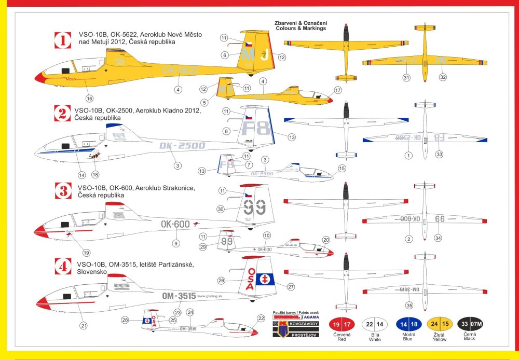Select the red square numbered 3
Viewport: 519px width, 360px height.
click(62, 191)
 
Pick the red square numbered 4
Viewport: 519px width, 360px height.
click(62, 267)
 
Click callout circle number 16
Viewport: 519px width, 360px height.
click(89, 98)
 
